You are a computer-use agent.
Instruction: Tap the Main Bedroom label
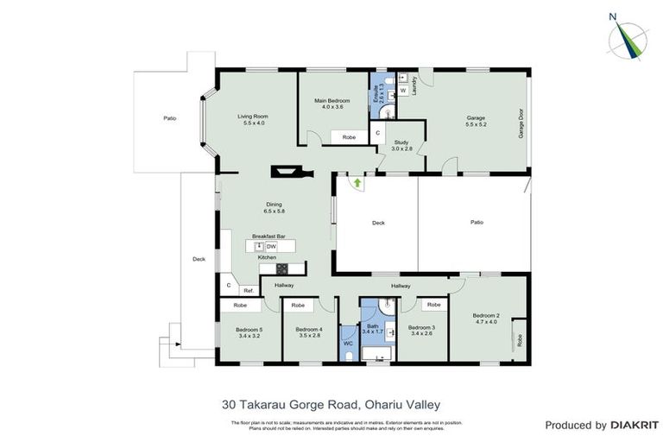pyautogui.click(x=332, y=101)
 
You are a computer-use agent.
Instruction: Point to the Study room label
pyautogui.click(x=401, y=142)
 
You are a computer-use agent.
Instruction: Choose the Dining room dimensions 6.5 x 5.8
pyautogui.click(x=275, y=212)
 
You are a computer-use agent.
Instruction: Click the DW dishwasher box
pyautogui.click(x=270, y=247)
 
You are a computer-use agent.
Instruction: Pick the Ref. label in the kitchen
pyautogui.click(x=247, y=290)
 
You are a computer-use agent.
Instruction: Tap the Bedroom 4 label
pyautogui.click(x=308, y=328)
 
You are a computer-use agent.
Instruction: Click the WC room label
pyautogui.click(x=348, y=343)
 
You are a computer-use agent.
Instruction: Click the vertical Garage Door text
pyautogui.click(x=521, y=123)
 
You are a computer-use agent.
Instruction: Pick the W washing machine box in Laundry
pyautogui.click(x=403, y=90)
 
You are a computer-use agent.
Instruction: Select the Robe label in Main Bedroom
pyautogui.click(x=349, y=137)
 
